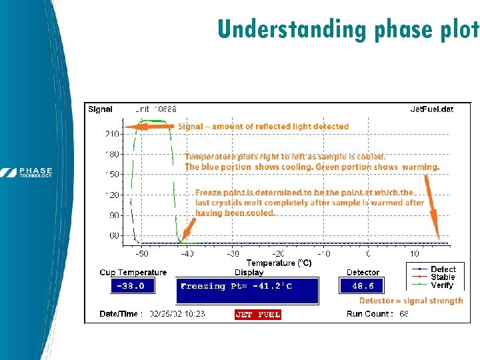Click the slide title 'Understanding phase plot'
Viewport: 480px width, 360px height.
tap(348, 29)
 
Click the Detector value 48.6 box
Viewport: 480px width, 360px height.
tap(363, 285)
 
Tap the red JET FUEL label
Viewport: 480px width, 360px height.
tap(258, 314)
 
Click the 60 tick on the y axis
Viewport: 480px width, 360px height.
tap(113, 235)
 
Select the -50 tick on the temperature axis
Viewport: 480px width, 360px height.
tap(142, 254)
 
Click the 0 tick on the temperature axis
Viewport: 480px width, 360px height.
tap(369, 254)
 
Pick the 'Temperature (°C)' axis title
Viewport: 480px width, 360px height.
tap(279, 263)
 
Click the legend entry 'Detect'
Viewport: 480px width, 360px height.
tap(443, 269)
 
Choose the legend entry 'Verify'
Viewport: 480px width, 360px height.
tap(442, 285)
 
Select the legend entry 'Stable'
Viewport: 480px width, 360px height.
tap(443, 277)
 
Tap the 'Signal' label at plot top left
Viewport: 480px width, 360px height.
tap(101, 109)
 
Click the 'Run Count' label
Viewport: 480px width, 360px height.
tap(370, 314)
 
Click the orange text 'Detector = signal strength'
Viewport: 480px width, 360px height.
tap(411, 301)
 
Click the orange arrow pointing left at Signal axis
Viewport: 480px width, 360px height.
tap(151, 126)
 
